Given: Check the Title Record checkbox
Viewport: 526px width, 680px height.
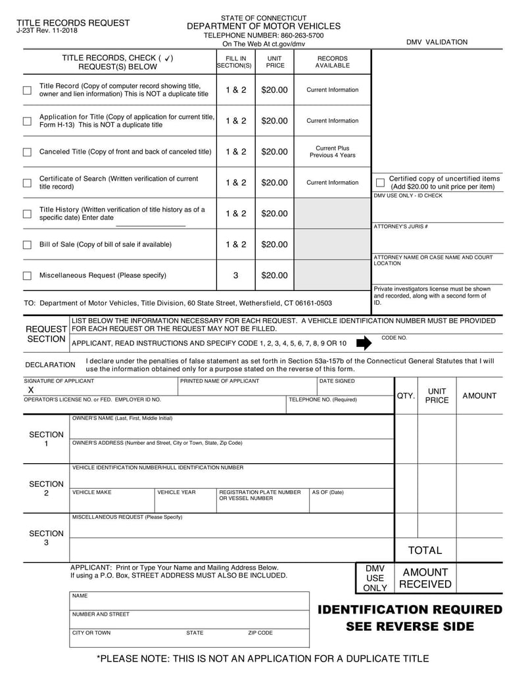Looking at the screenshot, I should tap(27, 90).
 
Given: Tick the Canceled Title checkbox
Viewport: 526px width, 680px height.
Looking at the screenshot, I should tap(27, 152).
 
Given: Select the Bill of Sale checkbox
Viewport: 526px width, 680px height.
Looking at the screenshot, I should tap(27, 244).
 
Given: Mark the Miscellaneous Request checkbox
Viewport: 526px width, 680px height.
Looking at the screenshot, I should tap(27, 275).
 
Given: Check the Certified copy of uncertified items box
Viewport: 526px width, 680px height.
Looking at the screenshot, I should tap(380, 182).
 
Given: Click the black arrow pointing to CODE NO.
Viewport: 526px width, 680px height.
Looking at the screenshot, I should tap(363, 342).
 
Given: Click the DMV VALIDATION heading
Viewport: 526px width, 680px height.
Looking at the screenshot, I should tap(437, 42).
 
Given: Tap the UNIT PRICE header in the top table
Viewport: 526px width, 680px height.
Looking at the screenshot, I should tap(275, 62).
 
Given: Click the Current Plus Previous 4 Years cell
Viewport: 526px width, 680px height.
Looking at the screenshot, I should tap(333, 152).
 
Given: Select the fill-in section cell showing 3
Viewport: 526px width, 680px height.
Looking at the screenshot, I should tap(235, 275).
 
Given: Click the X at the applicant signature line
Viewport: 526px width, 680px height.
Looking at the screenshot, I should tap(30, 390).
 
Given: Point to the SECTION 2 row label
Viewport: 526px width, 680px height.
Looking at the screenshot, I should tap(46, 489).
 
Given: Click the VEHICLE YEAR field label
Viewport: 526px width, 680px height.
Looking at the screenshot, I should tap(177, 492).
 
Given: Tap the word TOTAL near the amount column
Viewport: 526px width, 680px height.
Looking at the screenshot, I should tap(425, 550).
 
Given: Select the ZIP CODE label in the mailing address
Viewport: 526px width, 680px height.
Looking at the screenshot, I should tap(260, 633).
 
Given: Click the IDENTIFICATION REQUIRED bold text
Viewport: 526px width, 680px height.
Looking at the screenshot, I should tap(410, 610).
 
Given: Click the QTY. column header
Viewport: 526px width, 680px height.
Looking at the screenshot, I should tap(406, 396).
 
